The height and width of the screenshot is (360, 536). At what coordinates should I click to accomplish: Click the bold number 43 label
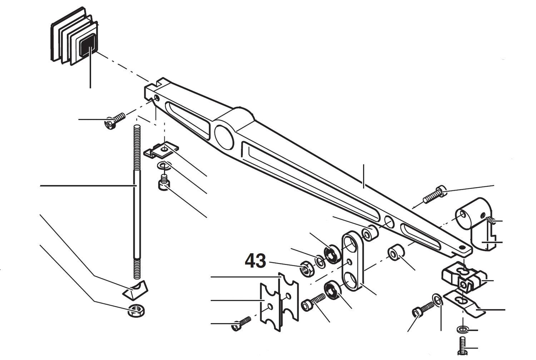coord(255,261)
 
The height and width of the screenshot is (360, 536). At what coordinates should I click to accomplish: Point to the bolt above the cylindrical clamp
coord(434,195)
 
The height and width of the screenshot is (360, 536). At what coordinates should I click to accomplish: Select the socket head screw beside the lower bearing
coord(314,302)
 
